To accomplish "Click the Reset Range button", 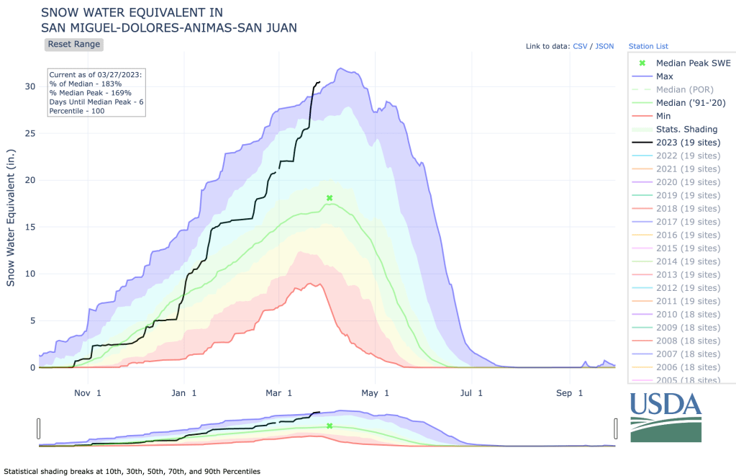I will [x=73, y=44].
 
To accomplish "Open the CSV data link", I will [x=580, y=46].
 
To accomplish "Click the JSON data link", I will [x=604, y=46].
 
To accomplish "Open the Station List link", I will [x=651, y=46].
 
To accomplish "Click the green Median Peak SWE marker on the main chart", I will [x=330, y=197].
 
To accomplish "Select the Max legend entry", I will [x=664, y=76].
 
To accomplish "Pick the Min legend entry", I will [x=663, y=116].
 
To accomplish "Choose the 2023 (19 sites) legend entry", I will [x=688, y=143].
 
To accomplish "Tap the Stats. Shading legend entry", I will [x=686, y=129].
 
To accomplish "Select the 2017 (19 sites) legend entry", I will [x=688, y=222].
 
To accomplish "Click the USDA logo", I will [x=665, y=417].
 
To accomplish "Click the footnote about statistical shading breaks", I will [x=131, y=471].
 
